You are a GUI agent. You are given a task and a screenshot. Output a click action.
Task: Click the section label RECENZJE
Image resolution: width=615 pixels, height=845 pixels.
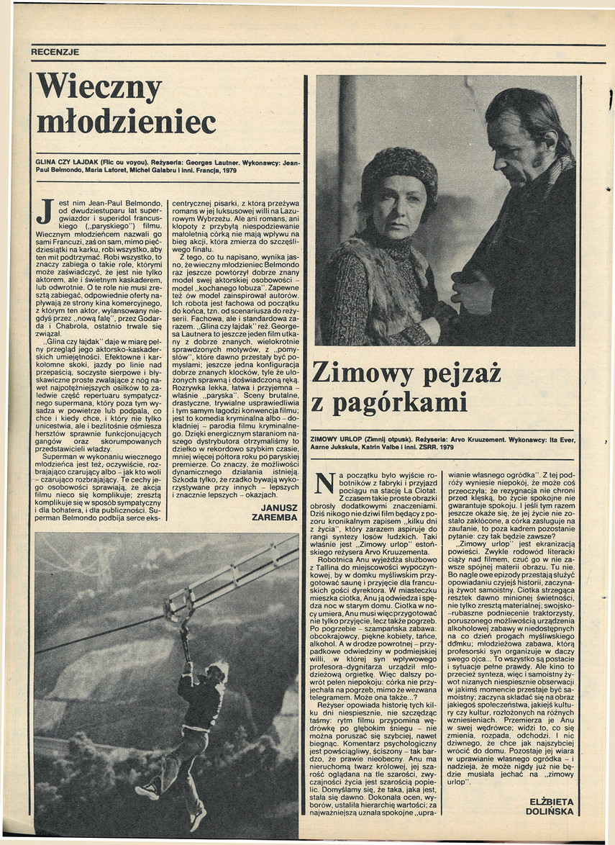(55, 52)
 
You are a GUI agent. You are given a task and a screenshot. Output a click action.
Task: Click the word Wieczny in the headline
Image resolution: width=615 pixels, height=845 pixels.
(99, 88)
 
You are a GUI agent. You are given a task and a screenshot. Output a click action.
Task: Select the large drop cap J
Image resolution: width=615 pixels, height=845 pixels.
(45, 210)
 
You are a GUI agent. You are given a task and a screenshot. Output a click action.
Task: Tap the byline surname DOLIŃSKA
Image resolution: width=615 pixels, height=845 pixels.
(550, 811)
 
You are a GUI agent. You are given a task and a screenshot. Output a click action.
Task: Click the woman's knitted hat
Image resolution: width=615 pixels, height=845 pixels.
(399, 171)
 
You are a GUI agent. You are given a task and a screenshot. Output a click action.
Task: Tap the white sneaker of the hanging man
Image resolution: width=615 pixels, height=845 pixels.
(147, 790)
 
